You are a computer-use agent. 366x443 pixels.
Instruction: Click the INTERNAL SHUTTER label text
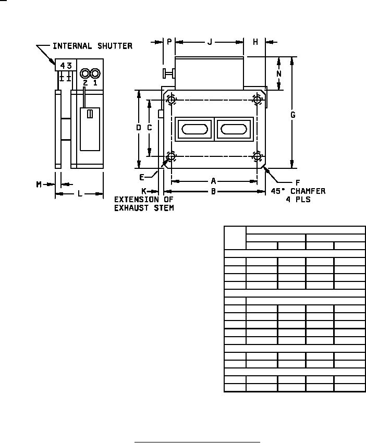92,46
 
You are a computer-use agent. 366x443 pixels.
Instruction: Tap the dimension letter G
293,115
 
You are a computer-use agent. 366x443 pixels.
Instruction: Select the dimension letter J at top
210,42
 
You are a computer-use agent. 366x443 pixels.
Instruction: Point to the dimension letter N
279,73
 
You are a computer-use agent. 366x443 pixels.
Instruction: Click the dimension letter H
255,42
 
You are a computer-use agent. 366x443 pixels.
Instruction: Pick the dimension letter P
169,42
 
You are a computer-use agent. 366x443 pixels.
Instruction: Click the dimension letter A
214,181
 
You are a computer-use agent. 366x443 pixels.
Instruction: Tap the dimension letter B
214,192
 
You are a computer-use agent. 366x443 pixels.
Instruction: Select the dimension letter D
139,128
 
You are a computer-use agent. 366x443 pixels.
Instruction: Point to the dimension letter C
150,128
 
